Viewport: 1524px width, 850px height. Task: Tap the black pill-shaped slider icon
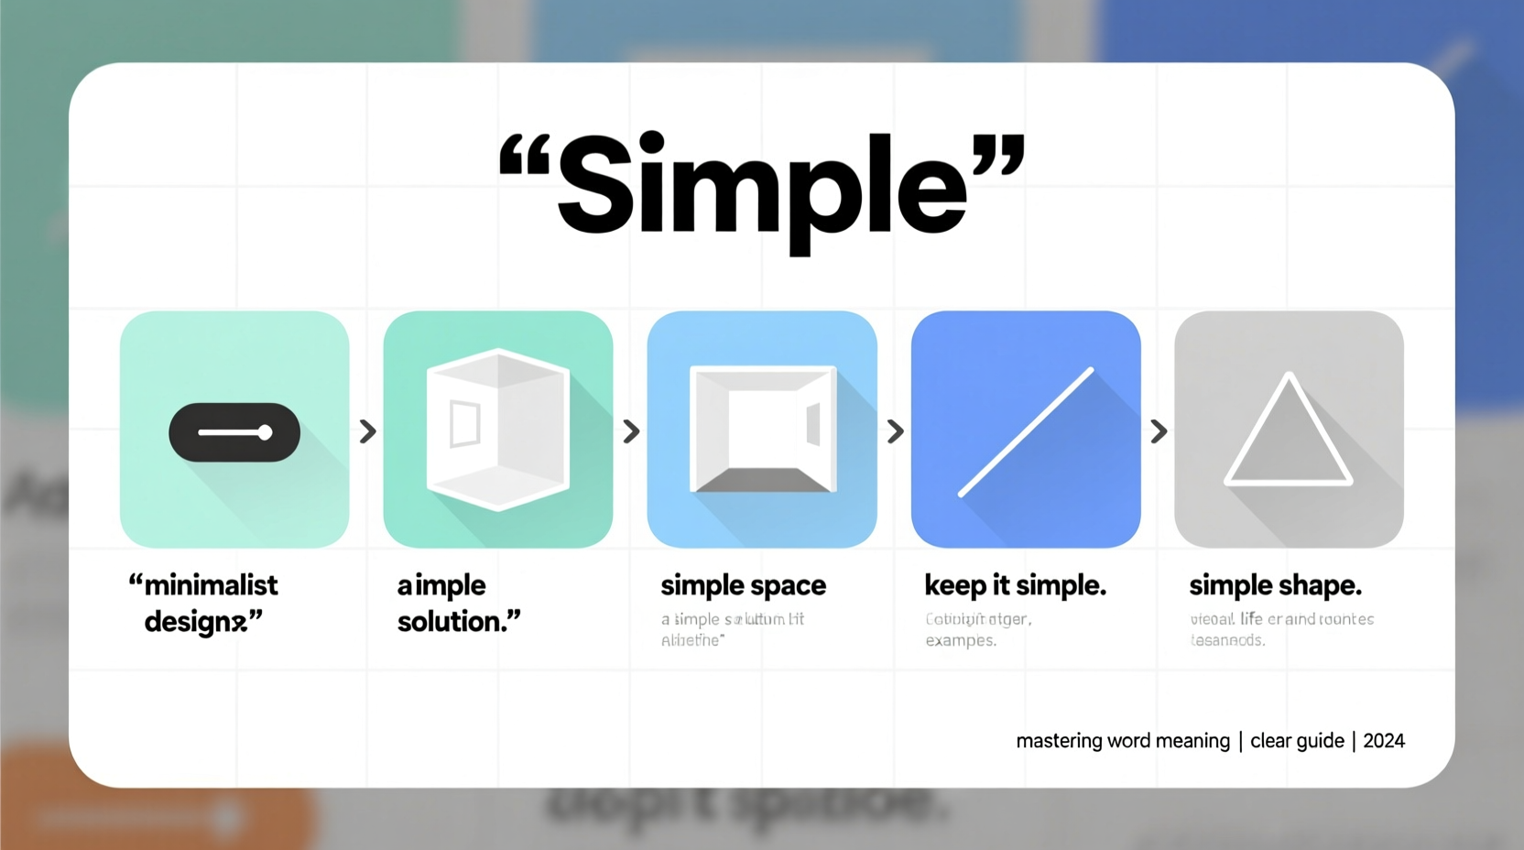[234, 432]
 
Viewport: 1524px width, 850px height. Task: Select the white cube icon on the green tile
[498, 429]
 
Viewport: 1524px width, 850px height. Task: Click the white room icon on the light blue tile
[763, 429]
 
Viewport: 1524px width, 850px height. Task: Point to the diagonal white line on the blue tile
[1026, 432]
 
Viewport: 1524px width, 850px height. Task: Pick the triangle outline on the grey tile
[1289, 430]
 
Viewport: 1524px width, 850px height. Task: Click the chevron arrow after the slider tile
[367, 431]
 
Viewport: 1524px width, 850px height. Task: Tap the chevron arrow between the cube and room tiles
[631, 431]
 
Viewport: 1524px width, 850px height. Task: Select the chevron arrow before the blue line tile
[895, 431]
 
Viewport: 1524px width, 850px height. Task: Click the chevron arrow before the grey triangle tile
[1159, 431]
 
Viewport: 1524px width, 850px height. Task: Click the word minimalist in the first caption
[211, 585]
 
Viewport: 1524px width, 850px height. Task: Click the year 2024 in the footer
[1383, 741]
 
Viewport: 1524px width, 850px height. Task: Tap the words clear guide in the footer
[1297, 741]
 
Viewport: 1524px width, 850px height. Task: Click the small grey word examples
[960, 640]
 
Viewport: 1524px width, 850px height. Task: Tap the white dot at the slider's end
[265, 432]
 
